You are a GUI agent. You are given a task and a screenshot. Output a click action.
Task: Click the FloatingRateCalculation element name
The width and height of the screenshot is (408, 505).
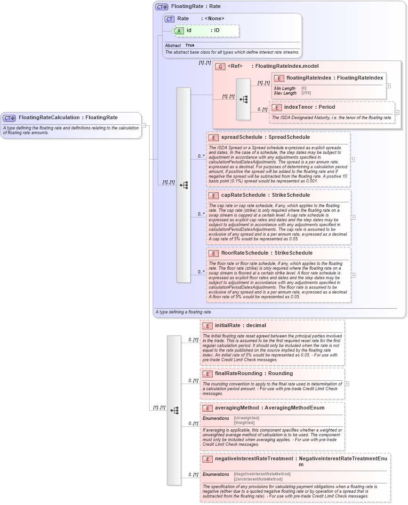(49, 118)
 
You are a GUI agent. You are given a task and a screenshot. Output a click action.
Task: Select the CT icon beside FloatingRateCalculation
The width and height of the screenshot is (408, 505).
(9, 118)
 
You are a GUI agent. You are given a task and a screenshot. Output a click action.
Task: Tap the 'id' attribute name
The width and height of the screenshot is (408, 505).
(189, 30)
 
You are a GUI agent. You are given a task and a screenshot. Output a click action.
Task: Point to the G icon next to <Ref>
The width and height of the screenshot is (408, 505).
(220, 66)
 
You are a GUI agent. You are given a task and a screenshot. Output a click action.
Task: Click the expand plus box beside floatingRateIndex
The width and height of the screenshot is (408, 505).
(388, 86)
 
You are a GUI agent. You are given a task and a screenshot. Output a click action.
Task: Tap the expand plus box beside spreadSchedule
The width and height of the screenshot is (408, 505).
(352, 159)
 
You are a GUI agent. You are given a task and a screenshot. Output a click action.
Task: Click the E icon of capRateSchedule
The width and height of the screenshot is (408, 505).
(213, 195)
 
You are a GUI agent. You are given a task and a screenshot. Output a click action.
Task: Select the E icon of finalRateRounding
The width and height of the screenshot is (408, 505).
(207, 374)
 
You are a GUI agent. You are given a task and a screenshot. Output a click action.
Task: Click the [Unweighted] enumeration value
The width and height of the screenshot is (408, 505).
(246, 418)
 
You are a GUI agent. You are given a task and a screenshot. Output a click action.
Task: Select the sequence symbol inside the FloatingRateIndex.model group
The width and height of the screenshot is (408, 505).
(243, 99)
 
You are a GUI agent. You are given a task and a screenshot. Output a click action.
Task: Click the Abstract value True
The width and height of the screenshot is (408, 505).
(190, 45)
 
